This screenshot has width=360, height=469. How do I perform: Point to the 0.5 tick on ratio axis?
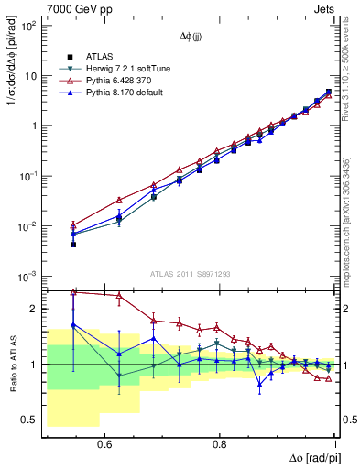tap(32, 420)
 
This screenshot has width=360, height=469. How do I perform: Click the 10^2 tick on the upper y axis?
tap(29, 26)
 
